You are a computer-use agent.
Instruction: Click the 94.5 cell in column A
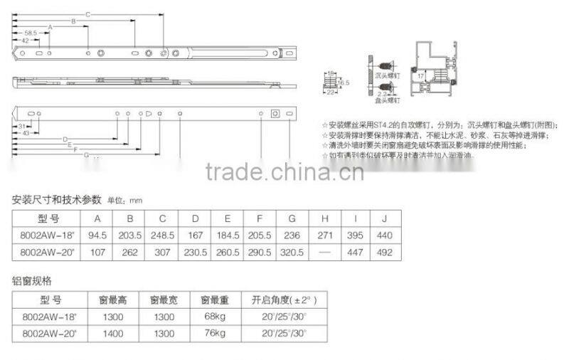97,235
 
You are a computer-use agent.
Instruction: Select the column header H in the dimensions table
324,218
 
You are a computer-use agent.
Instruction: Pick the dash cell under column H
324,252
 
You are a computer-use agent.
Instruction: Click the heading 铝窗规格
31,280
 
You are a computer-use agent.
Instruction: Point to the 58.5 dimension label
30,33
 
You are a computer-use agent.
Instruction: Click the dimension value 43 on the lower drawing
26,133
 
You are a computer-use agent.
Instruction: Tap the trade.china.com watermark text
284,171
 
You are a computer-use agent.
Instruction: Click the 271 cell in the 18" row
324,235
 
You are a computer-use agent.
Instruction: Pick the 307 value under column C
162,252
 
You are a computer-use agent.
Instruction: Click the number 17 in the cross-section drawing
420,75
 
